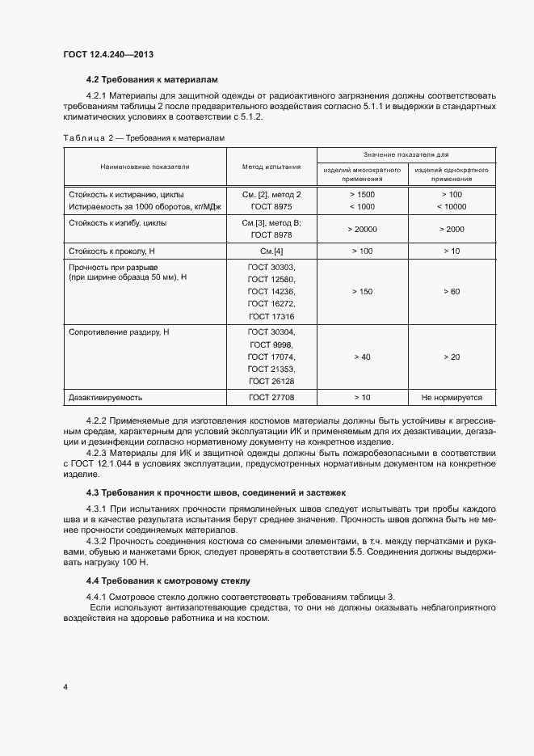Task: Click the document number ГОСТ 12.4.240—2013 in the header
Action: click(108, 54)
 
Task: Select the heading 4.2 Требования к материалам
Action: click(152, 81)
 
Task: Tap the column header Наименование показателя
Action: click(145, 167)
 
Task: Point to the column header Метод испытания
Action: click(271, 167)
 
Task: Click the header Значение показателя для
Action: click(406, 154)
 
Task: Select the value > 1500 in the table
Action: click(363, 195)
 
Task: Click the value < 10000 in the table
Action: click(452, 207)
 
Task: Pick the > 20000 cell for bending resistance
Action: click(363, 230)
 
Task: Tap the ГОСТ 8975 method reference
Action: click(271, 207)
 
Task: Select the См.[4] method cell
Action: click(271, 251)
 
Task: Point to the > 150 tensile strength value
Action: click(363, 291)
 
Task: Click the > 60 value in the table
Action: click(452, 291)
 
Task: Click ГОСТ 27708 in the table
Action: click(271, 397)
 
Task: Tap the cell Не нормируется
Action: click(452, 397)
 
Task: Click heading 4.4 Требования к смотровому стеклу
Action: click(169, 581)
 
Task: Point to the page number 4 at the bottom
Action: click(65, 687)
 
